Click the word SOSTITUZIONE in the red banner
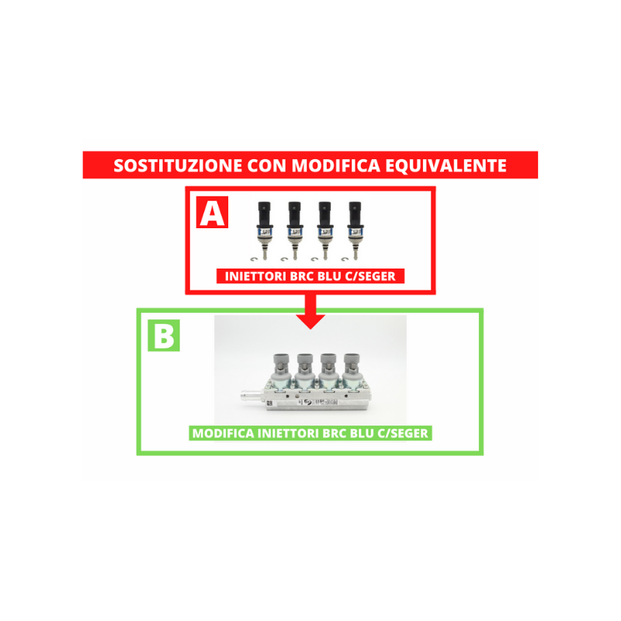pos(178,165)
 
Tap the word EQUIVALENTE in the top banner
pos(446,165)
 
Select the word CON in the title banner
pos(266,165)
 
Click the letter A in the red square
pos(212,213)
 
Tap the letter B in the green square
pos(164,336)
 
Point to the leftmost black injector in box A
pos(265,230)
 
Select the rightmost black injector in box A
pos(355,230)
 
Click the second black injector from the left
pos(295,230)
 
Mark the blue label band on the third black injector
pos(324,234)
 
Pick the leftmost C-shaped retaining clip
pos(254,259)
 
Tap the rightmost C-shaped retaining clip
pos(345,259)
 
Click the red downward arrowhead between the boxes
pos(311,321)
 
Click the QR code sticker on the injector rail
pos(269,404)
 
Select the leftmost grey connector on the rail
pos(282,363)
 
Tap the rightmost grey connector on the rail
pos(352,363)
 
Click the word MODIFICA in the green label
pos(223,433)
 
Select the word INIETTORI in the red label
pos(256,276)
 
